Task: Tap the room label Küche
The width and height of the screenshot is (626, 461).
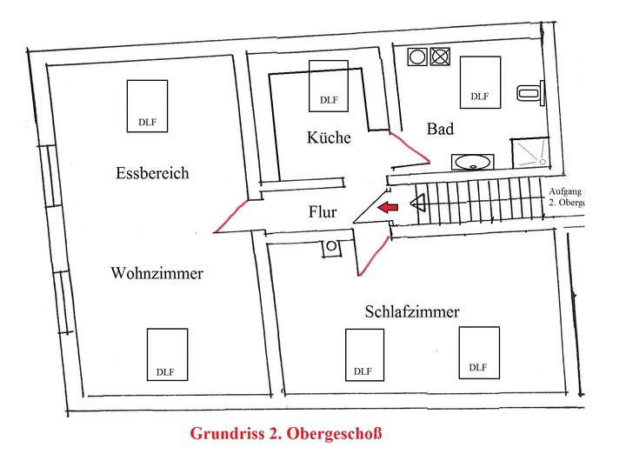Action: pyautogui.click(x=329, y=137)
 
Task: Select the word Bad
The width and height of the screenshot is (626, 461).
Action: pyautogui.click(x=440, y=129)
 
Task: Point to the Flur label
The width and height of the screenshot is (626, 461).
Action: pyautogui.click(x=322, y=211)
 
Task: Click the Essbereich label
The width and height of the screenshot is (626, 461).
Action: pyautogui.click(x=152, y=172)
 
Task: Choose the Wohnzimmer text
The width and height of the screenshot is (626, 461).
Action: pyautogui.click(x=156, y=273)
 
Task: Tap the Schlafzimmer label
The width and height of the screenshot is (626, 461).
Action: pyautogui.click(x=412, y=311)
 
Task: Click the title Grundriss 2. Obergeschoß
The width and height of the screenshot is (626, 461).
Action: pyautogui.click(x=286, y=432)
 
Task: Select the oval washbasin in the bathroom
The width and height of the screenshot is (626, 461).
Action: pyautogui.click(x=473, y=161)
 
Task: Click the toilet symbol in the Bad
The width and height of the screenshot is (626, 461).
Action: pyautogui.click(x=528, y=91)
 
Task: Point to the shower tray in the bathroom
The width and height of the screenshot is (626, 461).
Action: pyautogui.click(x=530, y=153)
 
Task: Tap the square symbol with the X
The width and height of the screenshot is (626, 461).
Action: pyautogui.click(x=440, y=57)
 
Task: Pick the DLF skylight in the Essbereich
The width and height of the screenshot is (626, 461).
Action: pyautogui.click(x=148, y=105)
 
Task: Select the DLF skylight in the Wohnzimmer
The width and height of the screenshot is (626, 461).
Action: pyautogui.click(x=167, y=353)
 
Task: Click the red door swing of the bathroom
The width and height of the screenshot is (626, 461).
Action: pyautogui.click(x=409, y=148)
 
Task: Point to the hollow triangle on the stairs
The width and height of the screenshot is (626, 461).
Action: pyautogui.click(x=417, y=205)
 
